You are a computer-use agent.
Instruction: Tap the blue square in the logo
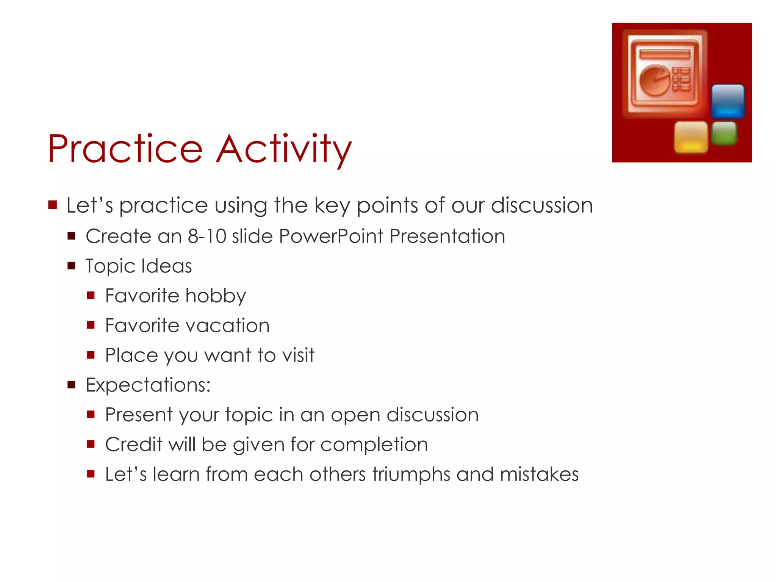(x=727, y=101)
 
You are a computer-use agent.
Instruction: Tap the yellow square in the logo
(x=691, y=137)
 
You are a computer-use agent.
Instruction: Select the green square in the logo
(x=724, y=133)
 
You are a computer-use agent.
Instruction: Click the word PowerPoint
(x=331, y=236)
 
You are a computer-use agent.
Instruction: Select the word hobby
(x=216, y=296)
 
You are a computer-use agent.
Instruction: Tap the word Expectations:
(x=148, y=385)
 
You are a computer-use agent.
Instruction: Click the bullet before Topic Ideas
(x=71, y=266)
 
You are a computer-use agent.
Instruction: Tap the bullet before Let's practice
(x=52, y=205)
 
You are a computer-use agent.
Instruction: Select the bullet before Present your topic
(x=91, y=415)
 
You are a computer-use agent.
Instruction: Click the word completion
(x=374, y=444)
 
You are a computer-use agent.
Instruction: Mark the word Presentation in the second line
(x=447, y=236)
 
